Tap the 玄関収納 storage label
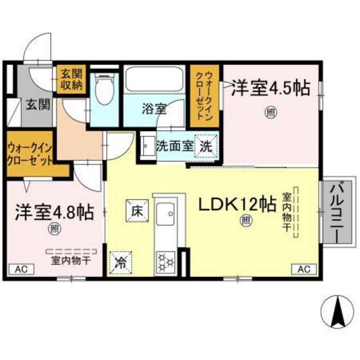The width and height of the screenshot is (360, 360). pyautogui.click(x=70, y=80)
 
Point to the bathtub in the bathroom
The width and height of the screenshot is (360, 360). pyautogui.click(x=155, y=80)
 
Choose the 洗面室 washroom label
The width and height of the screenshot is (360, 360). pyautogui.click(x=175, y=145)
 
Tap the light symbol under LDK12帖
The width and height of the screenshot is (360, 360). pyautogui.click(x=246, y=221)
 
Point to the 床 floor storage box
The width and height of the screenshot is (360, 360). pyautogui.click(x=137, y=210)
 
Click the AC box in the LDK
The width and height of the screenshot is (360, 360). pyautogui.click(x=303, y=268)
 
